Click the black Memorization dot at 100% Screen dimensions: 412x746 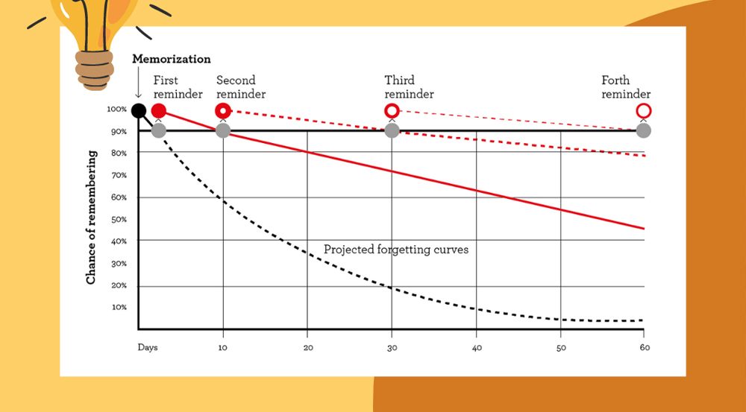click(x=138, y=111)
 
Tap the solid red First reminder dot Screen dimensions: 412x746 click(x=158, y=111)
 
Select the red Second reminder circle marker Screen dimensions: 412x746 click(x=222, y=111)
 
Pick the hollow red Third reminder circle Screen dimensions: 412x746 click(x=392, y=111)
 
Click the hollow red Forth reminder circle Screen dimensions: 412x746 click(x=643, y=111)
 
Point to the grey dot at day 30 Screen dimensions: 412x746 click(x=392, y=130)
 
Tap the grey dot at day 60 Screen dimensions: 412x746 click(x=643, y=130)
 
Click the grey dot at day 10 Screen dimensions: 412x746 click(x=222, y=130)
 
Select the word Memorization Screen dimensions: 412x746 click(x=172, y=59)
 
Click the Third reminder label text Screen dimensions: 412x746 click(x=409, y=87)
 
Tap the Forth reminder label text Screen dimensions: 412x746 click(x=626, y=87)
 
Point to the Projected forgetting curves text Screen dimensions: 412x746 click(x=396, y=250)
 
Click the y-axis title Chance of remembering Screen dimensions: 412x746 click(x=91, y=217)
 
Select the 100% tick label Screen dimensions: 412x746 click(x=116, y=110)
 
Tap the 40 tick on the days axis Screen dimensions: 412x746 click(x=477, y=347)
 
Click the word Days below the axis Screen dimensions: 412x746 click(x=148, y=347)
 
